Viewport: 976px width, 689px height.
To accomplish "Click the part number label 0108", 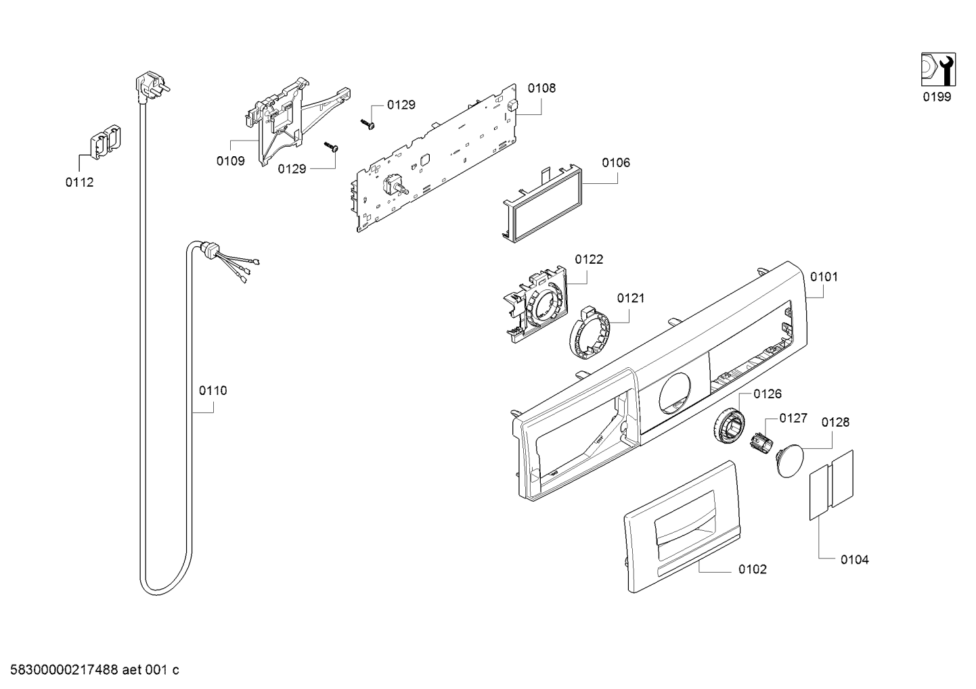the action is pos(541,89).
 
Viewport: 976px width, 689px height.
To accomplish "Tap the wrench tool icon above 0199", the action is pos(938,70).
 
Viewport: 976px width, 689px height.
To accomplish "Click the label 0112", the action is pos(79,183).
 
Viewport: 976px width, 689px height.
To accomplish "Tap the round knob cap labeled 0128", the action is pos(789,461).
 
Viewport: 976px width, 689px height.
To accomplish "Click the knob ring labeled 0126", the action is pos(729,424).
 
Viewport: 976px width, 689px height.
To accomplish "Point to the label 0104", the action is pos(854,560).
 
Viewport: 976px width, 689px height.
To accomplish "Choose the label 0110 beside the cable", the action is pos(213,391).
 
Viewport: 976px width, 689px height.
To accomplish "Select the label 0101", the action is pos(824,277).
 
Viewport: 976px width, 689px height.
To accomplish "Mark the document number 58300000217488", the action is pos(64,670).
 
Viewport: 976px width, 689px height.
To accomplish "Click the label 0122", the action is pos(589,260).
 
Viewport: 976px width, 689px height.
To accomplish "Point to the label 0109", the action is pos(231,161).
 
